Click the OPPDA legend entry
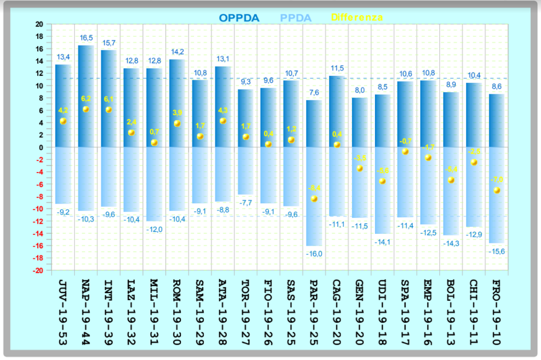coord(239,18)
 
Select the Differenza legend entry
coord(357,17)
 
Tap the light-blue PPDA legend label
coord(296,18)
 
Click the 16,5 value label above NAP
coord(86,38)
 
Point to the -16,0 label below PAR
coord(314,253)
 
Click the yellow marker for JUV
coord(64,121)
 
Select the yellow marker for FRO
coord(497,190)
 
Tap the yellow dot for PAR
coord(314,199)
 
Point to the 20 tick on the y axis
coord(39,24)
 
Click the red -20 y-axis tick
coord(38,270)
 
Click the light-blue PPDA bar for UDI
coord(383,189)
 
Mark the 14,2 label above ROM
coord(177,52)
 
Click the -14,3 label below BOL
coord(452,243)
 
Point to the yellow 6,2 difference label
coord(86,99)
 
